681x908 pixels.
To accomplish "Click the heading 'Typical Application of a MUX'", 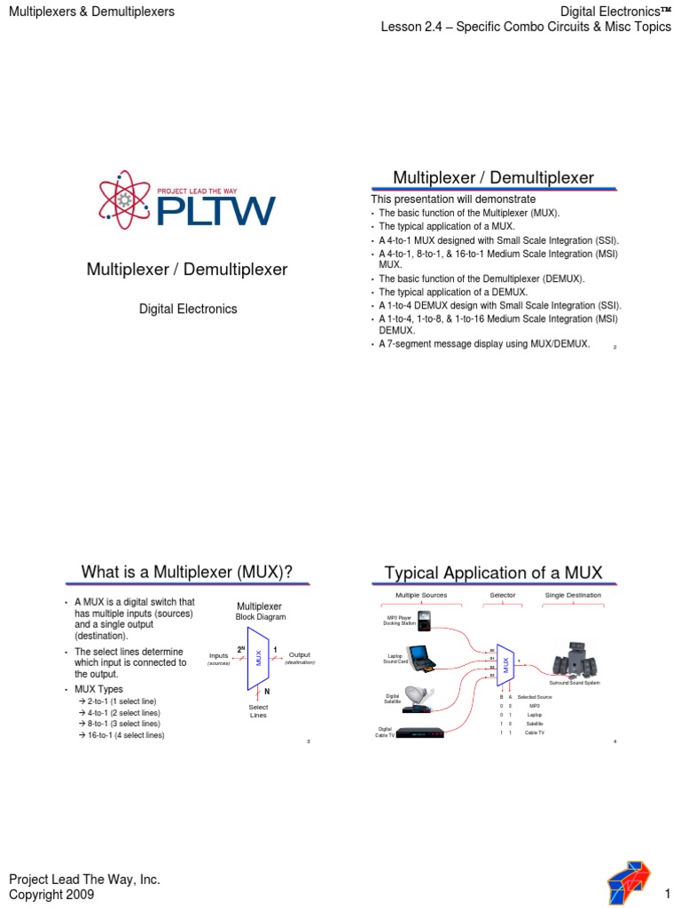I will pyautogui.click(x=493, y=572).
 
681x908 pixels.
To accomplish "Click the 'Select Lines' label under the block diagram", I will pyautogui.click(x=259, y=710).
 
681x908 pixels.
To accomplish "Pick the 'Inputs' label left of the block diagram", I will pyautogui.click(x=218, y=655).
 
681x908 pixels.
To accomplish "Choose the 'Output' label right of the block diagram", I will pyautogui.click(x=299, y=654).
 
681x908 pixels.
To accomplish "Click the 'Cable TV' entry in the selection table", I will pyautogui.click(x=535, y=732).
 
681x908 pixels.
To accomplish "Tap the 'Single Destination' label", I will pyautogui.click(x=572, y=595).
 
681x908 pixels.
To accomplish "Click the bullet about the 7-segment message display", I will pyautogui.click(x=483, y=344).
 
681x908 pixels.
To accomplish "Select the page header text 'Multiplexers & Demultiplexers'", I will pyautogui.click(x=91, y=12).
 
